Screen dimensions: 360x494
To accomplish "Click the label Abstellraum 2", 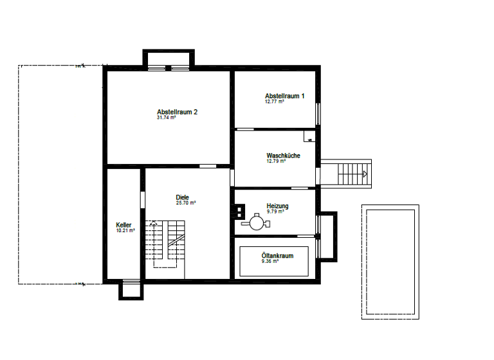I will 177,112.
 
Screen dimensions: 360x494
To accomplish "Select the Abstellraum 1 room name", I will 284,96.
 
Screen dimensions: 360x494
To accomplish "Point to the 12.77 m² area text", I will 274,102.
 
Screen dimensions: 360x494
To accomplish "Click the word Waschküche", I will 283,156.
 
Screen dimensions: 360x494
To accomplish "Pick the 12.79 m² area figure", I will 276,161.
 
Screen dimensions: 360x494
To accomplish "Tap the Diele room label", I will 183,197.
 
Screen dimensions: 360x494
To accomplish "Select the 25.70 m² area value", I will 185,203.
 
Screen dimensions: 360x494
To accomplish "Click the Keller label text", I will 123,225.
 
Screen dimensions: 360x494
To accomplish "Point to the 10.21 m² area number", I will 125,230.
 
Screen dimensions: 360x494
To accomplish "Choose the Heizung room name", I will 277,206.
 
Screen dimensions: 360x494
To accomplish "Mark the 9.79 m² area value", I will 276,211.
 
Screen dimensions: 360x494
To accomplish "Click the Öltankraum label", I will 277,256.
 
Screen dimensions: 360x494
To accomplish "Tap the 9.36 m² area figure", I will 270,262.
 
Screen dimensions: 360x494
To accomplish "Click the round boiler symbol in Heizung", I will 257,223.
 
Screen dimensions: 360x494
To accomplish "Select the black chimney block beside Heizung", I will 239,209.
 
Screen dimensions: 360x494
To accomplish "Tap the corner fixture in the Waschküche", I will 309,136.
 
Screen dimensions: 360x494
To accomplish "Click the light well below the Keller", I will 129,290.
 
